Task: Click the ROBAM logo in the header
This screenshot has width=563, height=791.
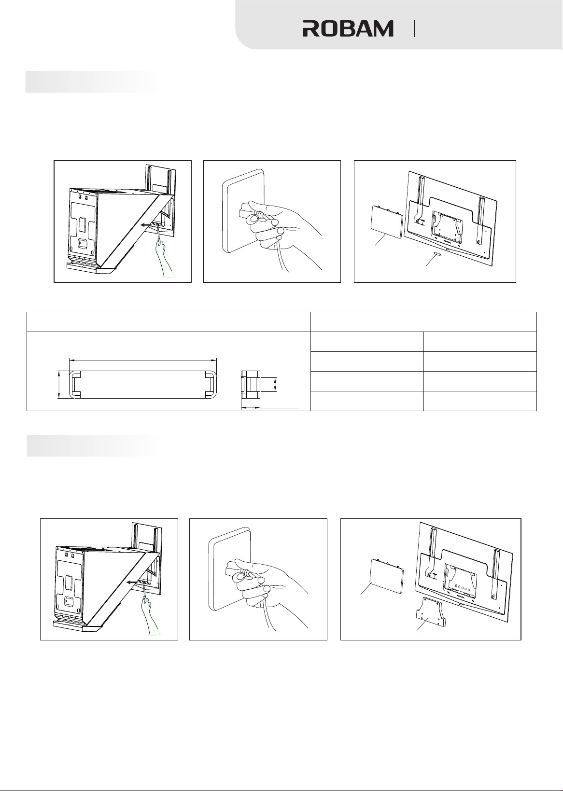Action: coord(348,28)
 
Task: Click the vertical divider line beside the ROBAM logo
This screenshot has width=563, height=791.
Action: coord(414,29)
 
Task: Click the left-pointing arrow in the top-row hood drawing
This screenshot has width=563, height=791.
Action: coord(148,224)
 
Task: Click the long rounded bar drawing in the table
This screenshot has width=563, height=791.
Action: coord(143,385)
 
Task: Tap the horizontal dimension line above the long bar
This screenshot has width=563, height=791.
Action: coord(143,360)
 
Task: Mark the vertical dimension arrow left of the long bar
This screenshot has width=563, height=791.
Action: coord(59,385)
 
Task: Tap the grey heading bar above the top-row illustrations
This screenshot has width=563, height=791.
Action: coord(92,82)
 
